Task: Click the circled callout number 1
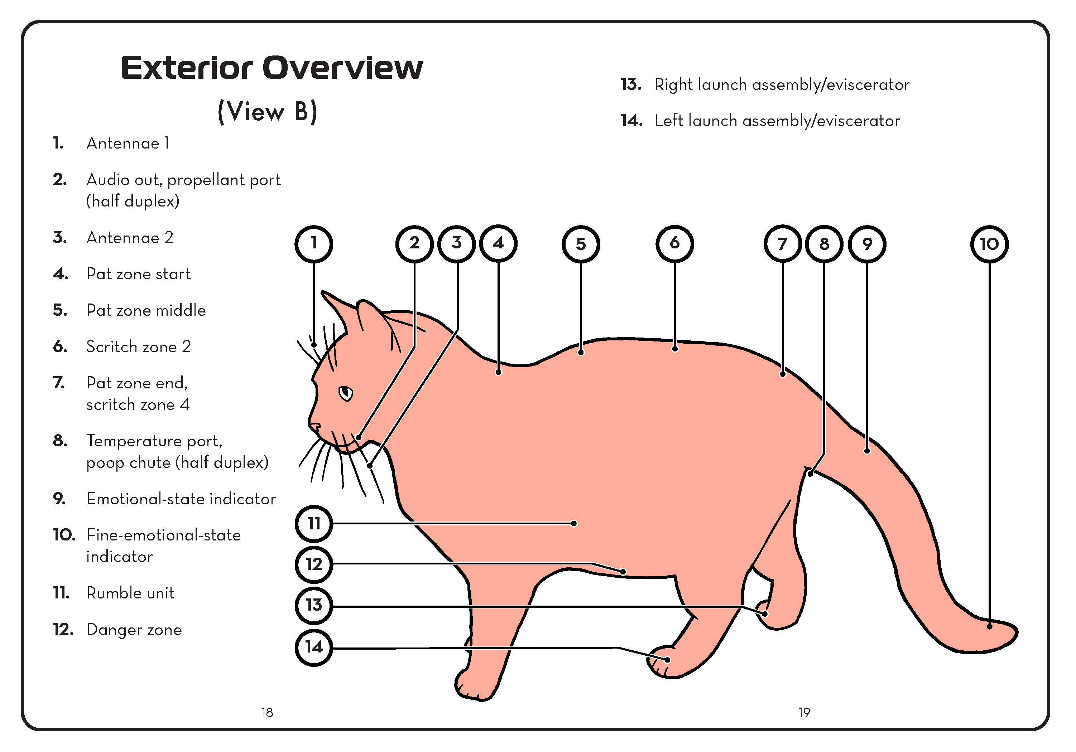[x=313, y=243]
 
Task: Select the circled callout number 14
[x=313, y=647]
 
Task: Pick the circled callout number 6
[x=674, y=243]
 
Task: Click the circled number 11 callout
[x=313, y=523]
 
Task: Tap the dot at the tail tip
[x=989, y=626]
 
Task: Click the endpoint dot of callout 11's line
[x=574, y=524]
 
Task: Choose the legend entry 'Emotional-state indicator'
[x=181, y=499]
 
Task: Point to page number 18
[x=266, y=713]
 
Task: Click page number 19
[x=804, y=713]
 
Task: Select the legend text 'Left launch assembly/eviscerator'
[x=777, y=121]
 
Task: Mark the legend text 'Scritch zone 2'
[x=138, y=346]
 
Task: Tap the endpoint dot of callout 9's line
[x=867, y=451]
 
